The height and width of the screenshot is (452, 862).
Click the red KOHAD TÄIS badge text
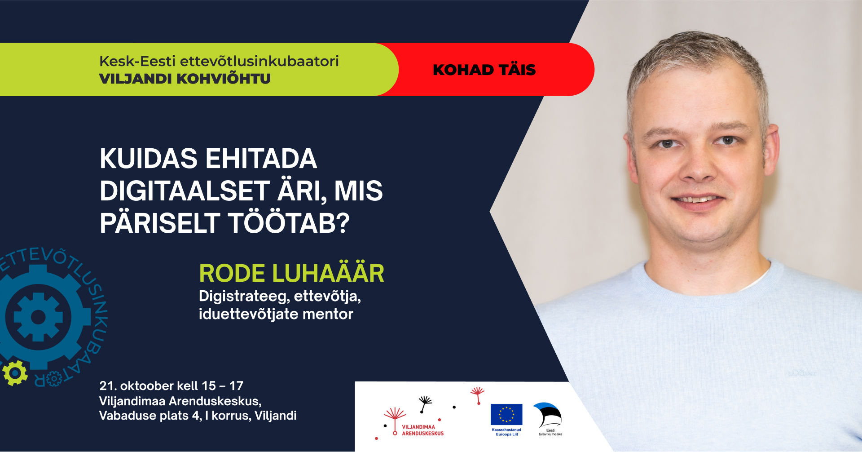click(484, 70)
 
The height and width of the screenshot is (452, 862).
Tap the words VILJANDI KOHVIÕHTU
click(185, 78)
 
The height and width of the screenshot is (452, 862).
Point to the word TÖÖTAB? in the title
click(289, 223)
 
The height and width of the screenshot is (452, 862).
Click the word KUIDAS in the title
click(149, 159)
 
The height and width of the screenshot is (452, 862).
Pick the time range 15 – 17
click(222, 386)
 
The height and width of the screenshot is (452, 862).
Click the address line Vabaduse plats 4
click(150, 416)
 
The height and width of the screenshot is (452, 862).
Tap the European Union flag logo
click(506, 414)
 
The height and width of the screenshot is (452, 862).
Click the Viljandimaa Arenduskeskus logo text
click(422, 430)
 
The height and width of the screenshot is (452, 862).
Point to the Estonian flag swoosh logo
click(548, 414)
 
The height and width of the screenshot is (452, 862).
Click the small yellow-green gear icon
click(15, 372)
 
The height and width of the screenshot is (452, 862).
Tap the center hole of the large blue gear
click(38, 317)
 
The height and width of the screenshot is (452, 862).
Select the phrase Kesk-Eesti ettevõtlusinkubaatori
click(219, 61)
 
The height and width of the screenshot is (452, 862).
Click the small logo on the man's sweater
click(802, 373)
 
